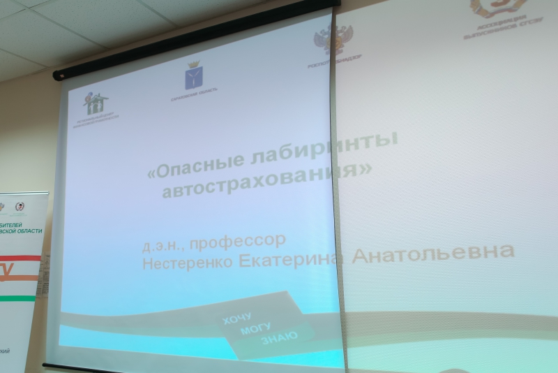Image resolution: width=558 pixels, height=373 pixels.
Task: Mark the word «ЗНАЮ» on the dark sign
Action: point(279,337)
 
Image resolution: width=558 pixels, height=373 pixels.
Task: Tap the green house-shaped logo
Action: point(96,103)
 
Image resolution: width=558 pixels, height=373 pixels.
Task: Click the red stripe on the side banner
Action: point(21,258)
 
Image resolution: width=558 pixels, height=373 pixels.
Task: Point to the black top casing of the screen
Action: point(195,41)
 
